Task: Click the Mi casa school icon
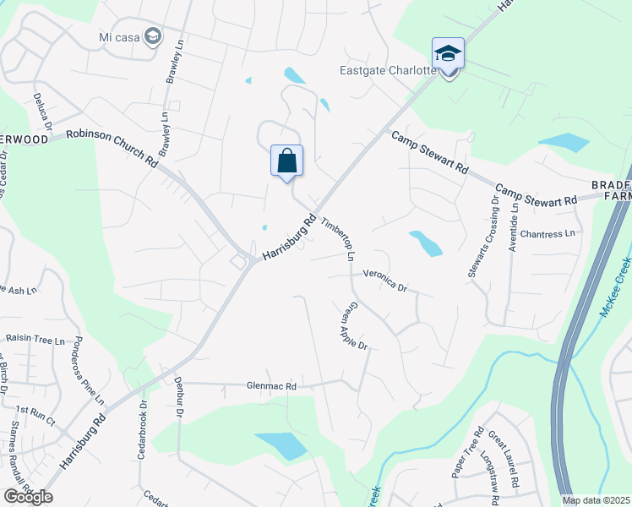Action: tap(152, 36)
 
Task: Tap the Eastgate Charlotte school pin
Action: tap(448, 55)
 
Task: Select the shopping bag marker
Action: tap(286, 160)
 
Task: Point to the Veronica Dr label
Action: tap(385, 281)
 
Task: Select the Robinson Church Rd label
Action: tap(113, 144)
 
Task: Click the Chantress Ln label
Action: tap(548, 233)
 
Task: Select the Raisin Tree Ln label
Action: tap(35, 340)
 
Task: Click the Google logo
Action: tap(28, 497)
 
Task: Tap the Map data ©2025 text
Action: tap(597, 500)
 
